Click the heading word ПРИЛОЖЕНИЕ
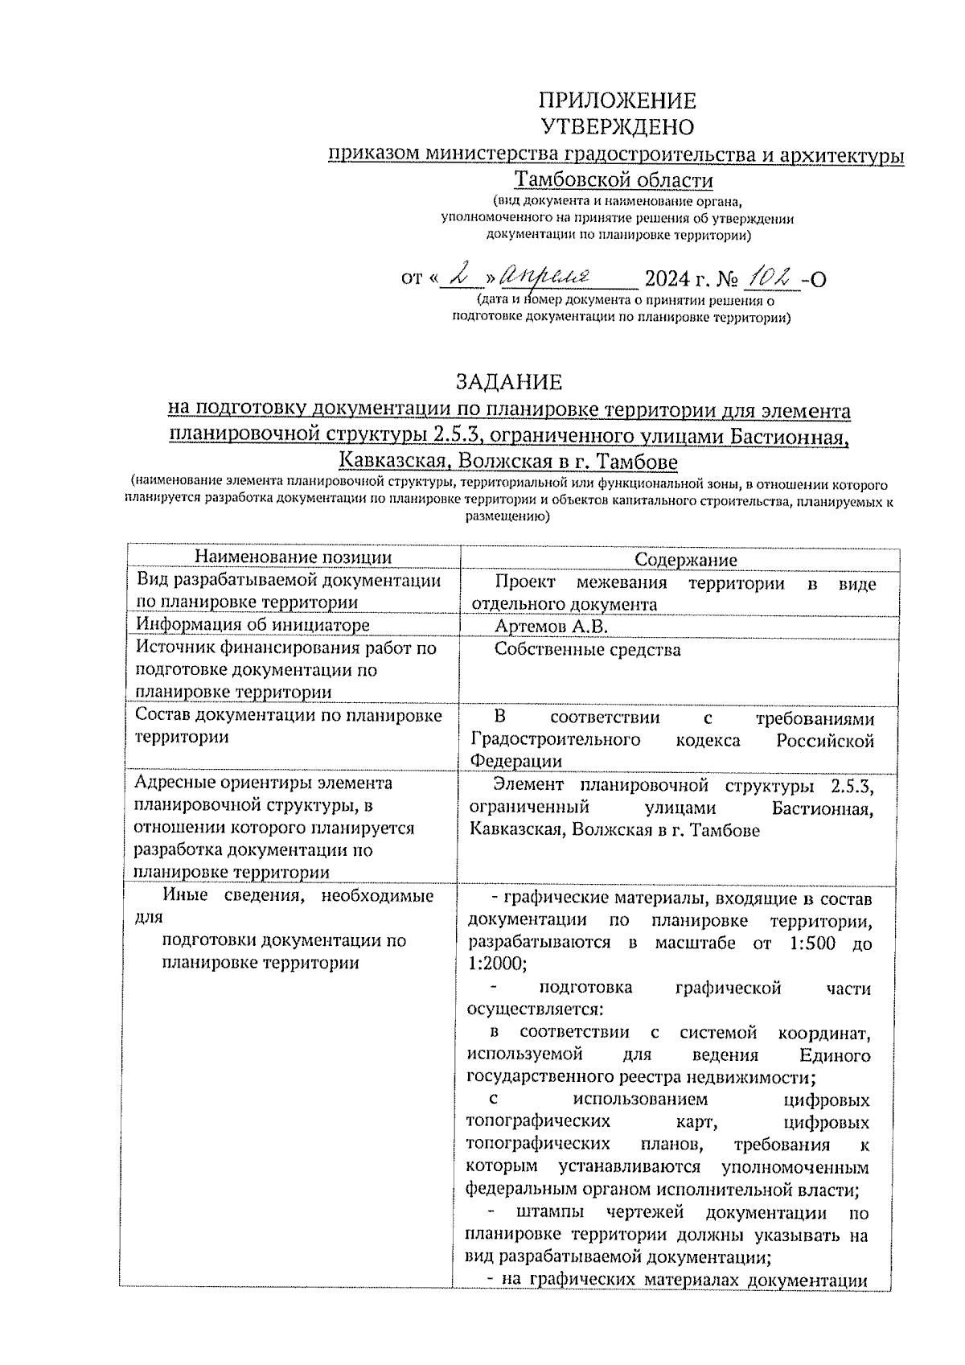tap(617, 101)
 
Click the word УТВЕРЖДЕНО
tap(617, 127)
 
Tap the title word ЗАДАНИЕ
tap(509, 381)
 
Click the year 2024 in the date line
tap(667, 279)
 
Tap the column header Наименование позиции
tap(294, 558)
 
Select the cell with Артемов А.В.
tap(552, 627)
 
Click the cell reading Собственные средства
tap(587, 650)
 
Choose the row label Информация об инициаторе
tap(253, 625)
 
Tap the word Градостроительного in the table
tap(555, 740)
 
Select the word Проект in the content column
tap(523, 584)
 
